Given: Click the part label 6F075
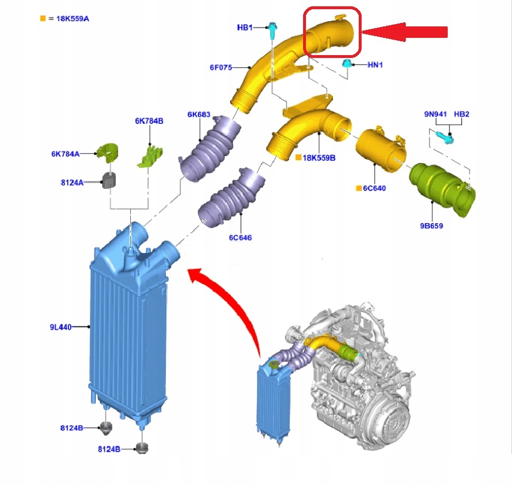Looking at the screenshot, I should (x=220, y=68).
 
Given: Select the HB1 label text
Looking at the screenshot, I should (x=245, y=28).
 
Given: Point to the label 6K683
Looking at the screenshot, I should (x=199, y=114).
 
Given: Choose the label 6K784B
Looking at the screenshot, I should (x=149, y=121).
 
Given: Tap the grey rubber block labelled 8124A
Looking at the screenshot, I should (x=110, y=180).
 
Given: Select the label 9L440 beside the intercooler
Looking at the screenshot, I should (x=61, y=327).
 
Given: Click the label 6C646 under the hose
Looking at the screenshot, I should (x=241, y=237).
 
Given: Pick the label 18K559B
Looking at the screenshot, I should (x=319, y=157).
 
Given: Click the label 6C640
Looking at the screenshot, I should (x=374, y=188).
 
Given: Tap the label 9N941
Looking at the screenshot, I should (x=436, y=114).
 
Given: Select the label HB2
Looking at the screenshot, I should (x=461, y=114).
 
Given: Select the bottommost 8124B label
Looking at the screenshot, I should (x=109, y=449).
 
